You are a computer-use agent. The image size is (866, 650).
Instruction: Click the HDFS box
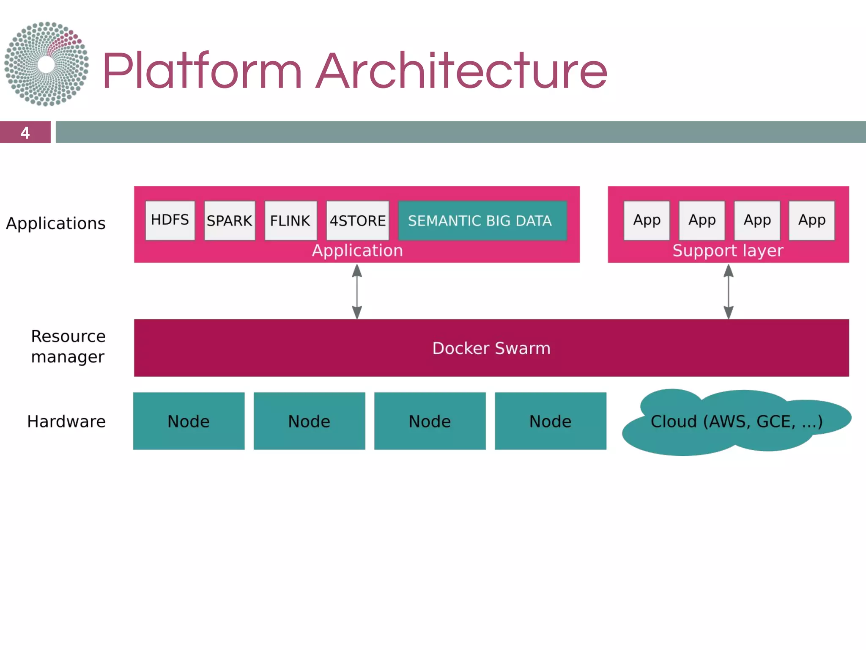pyautogui.click(x=170, y=220)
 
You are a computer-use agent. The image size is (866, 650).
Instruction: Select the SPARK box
pyautogui.click(x=230, y=220)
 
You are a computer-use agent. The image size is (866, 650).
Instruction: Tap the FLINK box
pyautogui.click(x=290, y=220)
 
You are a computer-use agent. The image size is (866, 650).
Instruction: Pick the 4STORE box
pyautogui.click(x=357, y=220)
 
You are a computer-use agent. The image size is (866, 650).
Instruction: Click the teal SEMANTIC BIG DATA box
pyautogui.click(x=482, y=220)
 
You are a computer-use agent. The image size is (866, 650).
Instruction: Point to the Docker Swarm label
pyautogui.click(x=491, y=348)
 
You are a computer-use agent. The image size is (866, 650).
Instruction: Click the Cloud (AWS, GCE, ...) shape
pyautogui.click(x=736, y=421)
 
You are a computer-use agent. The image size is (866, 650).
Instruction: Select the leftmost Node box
pyautogui.click(x=189, y=421)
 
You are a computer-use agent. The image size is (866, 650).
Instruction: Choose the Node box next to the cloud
pyautogui.click(x=550, y=421)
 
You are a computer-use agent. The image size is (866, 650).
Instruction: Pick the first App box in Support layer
pyautogui.click(x=647, y=220)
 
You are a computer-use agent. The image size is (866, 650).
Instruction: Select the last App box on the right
pyautogui.click(x=811, y=220)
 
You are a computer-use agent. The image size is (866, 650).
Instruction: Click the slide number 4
pyautogui.click(x=25, y=132)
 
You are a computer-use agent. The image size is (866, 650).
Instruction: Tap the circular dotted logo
pyautogui.click(x=47, y=64)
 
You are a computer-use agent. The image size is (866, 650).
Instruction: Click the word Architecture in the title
pyautogui.click(x=462, y=71)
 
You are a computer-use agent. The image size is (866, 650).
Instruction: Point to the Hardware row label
pyautogui.click(x=66, y=421)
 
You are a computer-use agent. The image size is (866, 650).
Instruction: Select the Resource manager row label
pyautogui.click(x=68, y=347)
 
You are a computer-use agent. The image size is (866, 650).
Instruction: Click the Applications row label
pyautogui.click(x=56, y=223)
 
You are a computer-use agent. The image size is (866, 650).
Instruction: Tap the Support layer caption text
pyautogui.click(x=728, y=251)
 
